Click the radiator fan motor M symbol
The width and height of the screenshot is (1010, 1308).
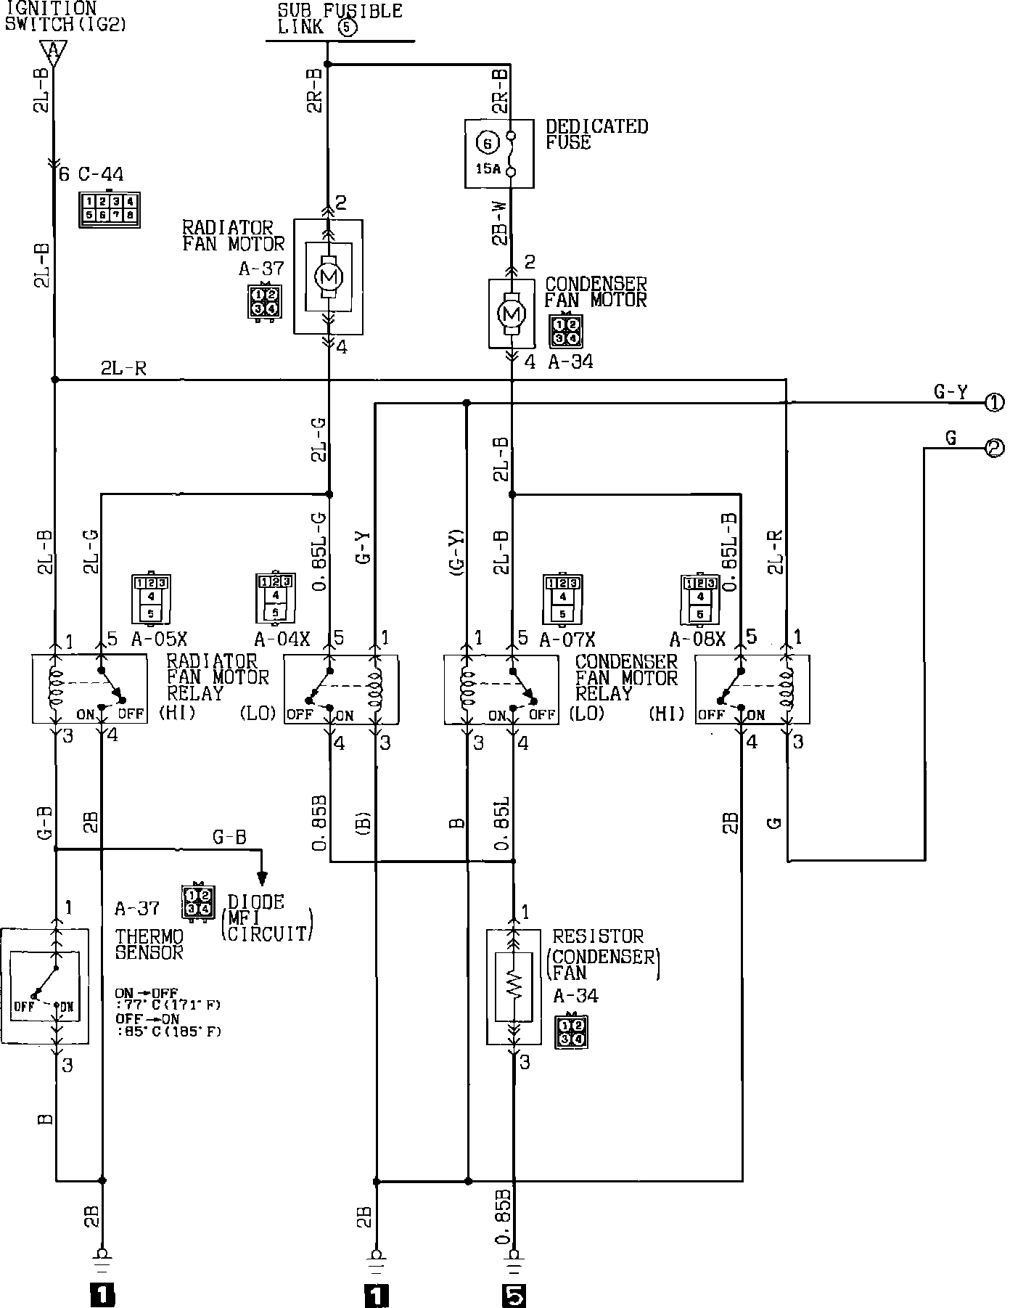(x=329, y=276)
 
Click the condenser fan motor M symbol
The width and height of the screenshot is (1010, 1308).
(x=512, y=314)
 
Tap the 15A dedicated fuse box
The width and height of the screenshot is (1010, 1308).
(x=499, y=153)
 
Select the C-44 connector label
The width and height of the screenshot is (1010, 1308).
(x=101, y=175)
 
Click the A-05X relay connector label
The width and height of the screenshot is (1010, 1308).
(x=159, y=639)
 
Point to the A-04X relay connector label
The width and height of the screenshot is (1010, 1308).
(x=282, y=639)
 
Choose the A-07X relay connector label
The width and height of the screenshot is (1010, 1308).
(x=567, y=639)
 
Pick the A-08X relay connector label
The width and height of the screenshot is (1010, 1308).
(x=697, y=639)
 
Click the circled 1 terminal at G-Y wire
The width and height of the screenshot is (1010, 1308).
(x=994, y=404)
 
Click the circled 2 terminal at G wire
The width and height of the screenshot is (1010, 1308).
(x=994, y=449)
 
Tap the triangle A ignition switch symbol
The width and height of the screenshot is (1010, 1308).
(x=52, y=52)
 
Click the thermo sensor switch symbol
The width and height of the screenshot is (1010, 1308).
(x=45, y=986)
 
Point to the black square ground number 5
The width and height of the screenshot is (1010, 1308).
(x=514, y=1294)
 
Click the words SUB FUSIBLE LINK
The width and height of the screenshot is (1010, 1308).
(x=340, y=20)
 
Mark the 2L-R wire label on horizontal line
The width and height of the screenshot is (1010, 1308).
(x=123, y=369)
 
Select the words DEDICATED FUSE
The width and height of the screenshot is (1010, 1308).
(x=596, y=134)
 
